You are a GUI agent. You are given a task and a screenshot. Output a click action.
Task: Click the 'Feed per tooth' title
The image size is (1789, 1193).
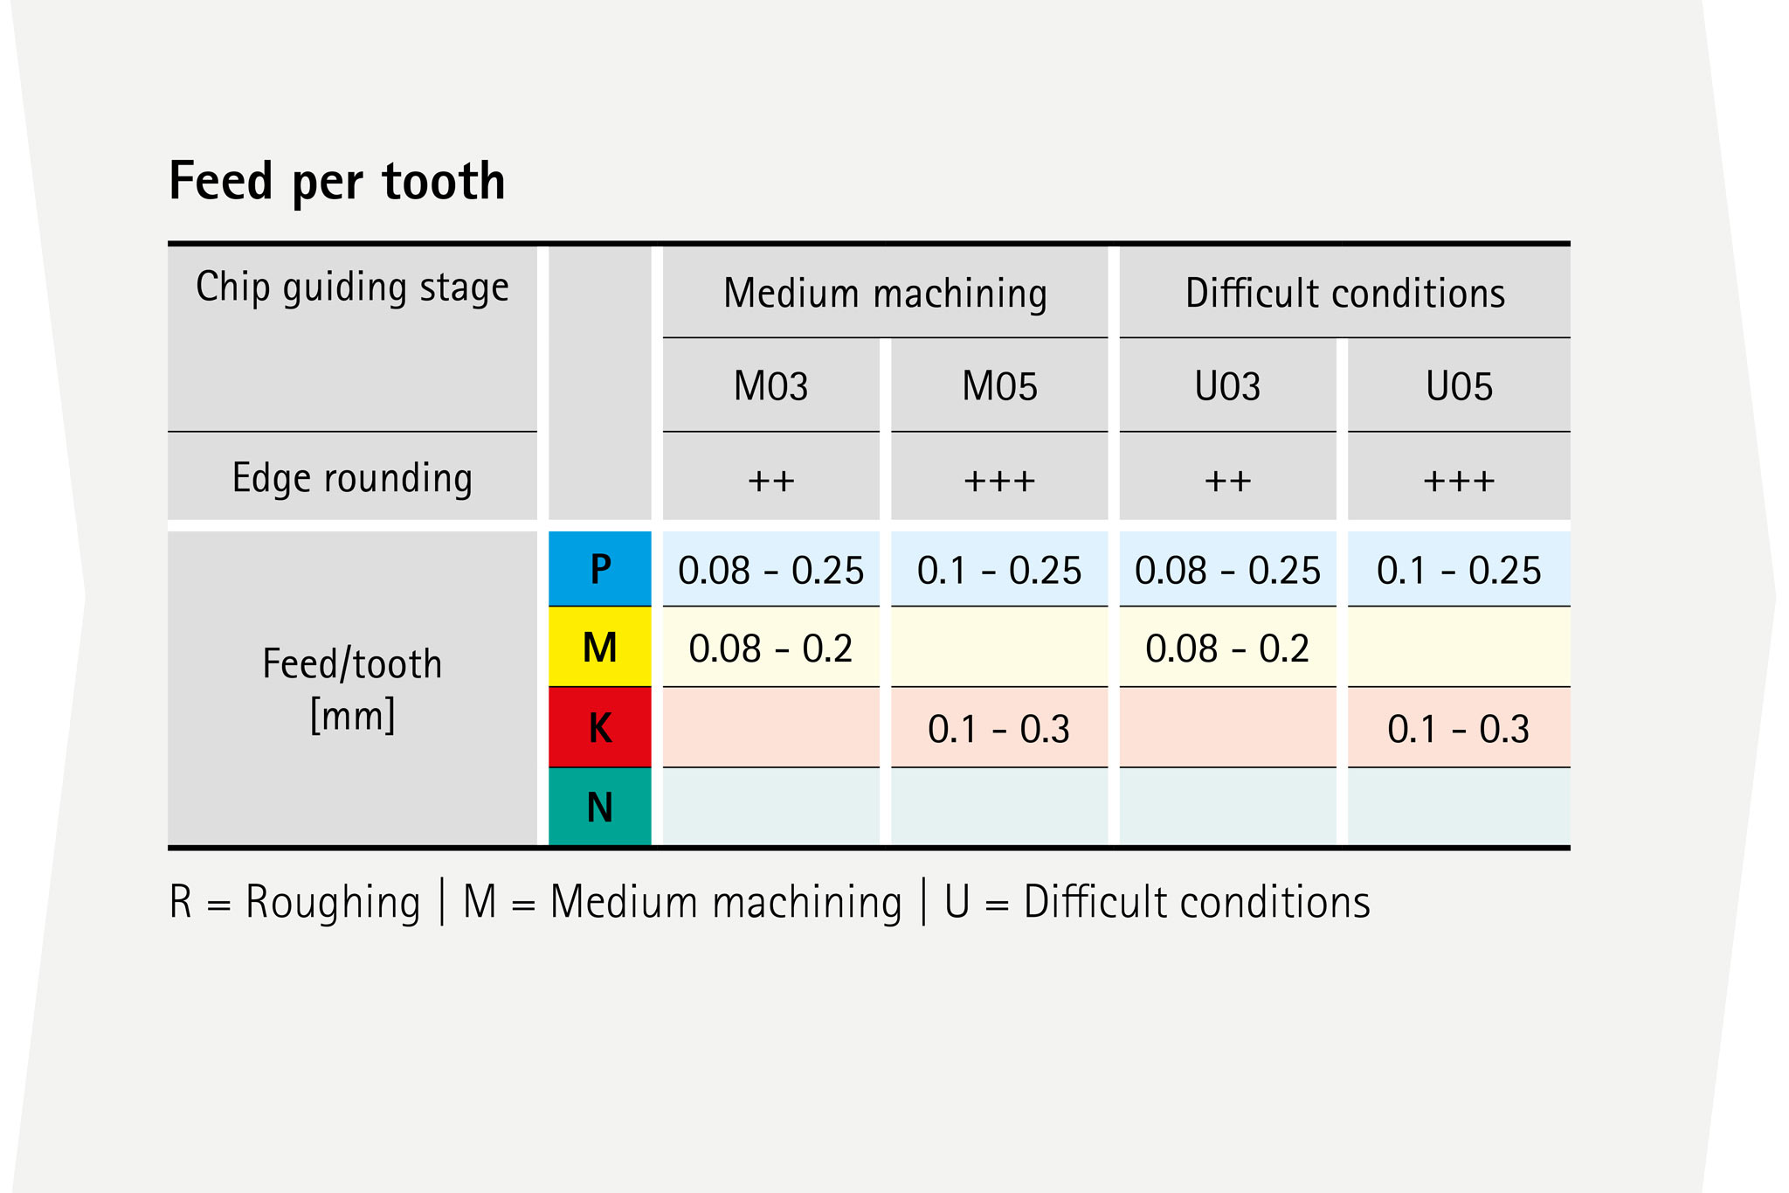(x=337, y=181)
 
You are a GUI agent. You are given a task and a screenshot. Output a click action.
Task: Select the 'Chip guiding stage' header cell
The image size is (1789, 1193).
(x=352, y=288)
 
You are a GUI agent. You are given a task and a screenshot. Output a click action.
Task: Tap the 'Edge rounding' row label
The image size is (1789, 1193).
(x=352, y=478)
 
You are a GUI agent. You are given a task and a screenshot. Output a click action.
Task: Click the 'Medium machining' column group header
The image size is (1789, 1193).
(x=885, y=293)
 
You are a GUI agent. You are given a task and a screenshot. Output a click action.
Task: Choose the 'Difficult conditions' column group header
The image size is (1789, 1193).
(x=1344, y=293)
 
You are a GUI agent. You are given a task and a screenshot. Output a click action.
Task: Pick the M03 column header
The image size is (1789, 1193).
(x=770, y=386)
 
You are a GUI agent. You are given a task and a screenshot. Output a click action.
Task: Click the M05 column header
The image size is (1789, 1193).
(x=999, y=386)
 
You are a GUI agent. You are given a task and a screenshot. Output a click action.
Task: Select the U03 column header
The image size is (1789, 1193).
(x=1227, y=386)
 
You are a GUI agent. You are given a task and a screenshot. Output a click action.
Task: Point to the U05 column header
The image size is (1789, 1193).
(x=1459, y=386)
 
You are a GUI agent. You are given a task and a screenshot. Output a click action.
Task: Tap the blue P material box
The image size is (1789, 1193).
(x=600, y=569)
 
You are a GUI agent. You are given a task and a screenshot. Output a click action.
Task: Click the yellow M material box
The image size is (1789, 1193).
(x=600, y=648)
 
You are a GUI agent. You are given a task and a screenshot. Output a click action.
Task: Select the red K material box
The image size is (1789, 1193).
(x=600, y=727)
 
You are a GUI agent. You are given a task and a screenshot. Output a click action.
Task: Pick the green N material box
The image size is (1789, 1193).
(x=600, y=807)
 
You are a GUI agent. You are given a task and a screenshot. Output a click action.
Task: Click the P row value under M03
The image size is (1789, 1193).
(x=770, y=571)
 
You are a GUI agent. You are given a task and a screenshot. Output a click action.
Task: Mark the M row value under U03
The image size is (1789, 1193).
(x=1227, y=649)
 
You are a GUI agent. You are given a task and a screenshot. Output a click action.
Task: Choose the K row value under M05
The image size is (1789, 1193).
(x=999, y=729)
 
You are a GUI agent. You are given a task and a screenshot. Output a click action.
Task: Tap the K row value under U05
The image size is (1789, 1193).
(x=1459, y=729)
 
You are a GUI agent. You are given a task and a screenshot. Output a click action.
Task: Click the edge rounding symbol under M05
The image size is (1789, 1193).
(x=999, y=481)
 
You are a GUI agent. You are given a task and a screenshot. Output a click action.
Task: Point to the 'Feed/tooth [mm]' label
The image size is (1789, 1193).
(x=352, y=690)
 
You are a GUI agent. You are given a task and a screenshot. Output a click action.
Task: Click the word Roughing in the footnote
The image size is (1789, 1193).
(x=333, y=903)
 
